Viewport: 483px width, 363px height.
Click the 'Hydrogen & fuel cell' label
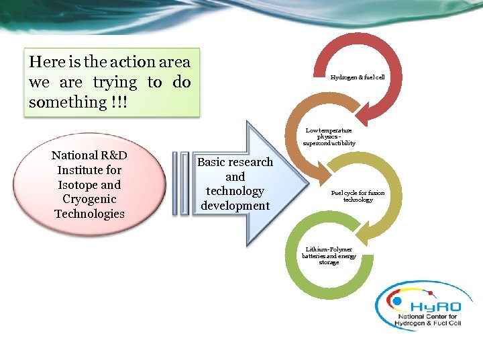coord(357,77)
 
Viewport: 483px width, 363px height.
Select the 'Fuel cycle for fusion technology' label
coord(358,196)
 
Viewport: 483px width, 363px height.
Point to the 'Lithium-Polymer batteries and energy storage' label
coord(329,255)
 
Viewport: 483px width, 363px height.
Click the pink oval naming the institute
coord(90,184)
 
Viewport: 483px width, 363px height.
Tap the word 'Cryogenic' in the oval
coord(89,199)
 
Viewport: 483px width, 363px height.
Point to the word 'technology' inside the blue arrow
coord(235,191)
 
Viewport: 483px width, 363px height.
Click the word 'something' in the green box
coord(64,102)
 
